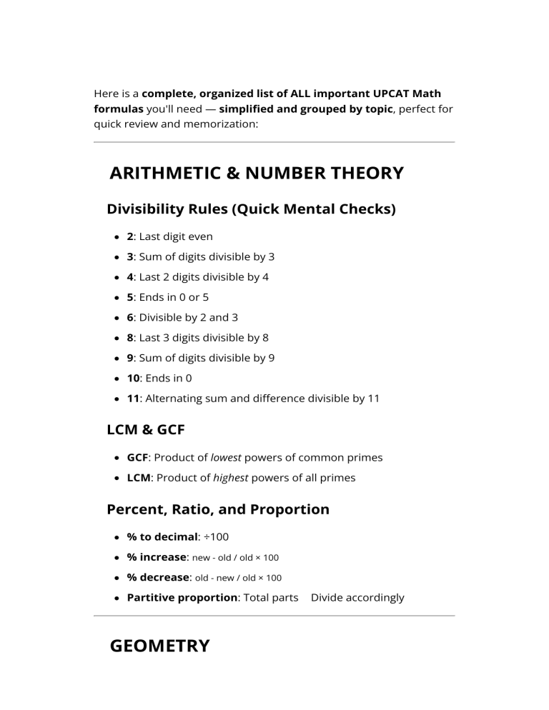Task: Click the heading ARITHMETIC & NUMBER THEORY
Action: point(257,173)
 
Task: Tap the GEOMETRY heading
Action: point(159,646)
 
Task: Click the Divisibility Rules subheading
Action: point(251,209)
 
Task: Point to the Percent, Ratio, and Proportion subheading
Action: point(218,509)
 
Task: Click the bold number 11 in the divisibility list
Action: point(132,399)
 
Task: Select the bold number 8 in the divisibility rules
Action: point(129,338)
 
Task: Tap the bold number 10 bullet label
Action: point(133,379)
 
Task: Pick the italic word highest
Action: point(230,477)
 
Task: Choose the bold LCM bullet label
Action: point(138,477)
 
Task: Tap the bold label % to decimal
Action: point(162,536)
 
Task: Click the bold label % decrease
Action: point(159,576)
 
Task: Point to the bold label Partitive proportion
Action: point(182,597)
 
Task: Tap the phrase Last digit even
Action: point(176,236)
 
